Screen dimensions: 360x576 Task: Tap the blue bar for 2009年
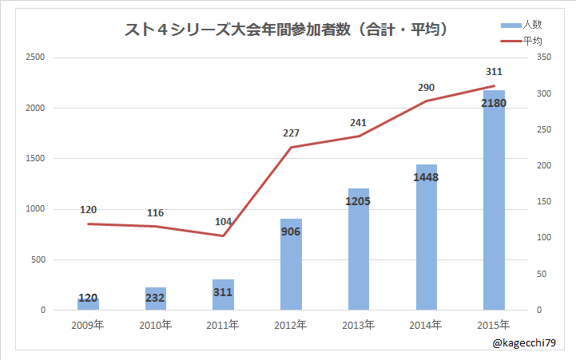click(88, 304)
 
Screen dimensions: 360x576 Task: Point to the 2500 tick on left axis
click(34, 57)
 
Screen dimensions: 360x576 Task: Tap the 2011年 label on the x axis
click(223, 325)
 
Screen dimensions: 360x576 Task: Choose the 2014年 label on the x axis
click(426, 325)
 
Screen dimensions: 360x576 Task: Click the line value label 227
click(291, 133)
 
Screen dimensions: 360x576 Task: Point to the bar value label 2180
click(494, 102)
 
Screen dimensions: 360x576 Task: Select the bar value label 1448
click(426, 177)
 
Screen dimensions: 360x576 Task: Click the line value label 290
click(426, 87)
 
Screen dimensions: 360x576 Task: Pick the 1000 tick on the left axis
click(34, 209)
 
